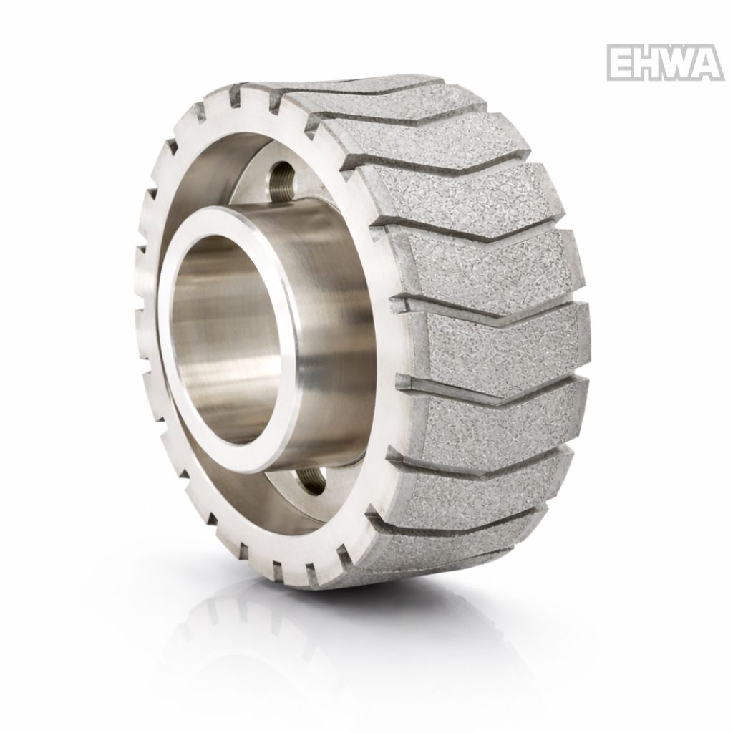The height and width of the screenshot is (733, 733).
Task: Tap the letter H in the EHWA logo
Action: [x=649, y=63]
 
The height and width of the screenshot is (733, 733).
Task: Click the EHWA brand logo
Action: [x=666, y=63]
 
